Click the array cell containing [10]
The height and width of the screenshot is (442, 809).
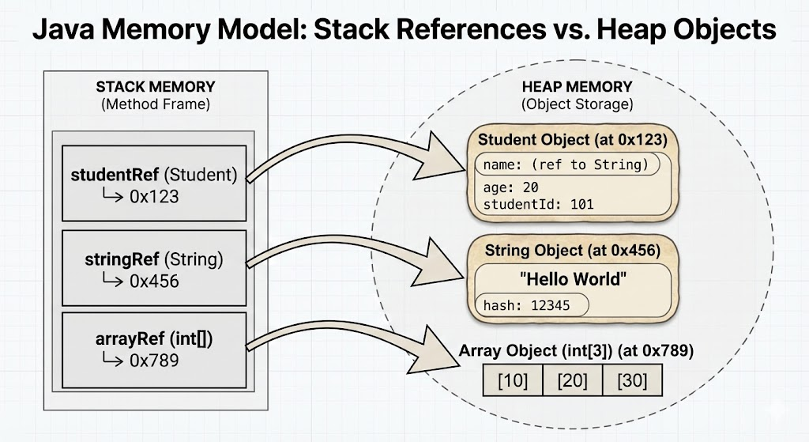pyautogui.click(x=513, y=380)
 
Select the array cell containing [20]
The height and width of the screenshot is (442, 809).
pyautogui.click(x=573, y=380)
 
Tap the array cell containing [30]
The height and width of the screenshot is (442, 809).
pyautogui.click(x=633, y=380)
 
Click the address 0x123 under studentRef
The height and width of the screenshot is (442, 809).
pyautogui.click(x=154, y=197)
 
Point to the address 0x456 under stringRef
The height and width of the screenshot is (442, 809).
pyautogui.click(x=154, y=281)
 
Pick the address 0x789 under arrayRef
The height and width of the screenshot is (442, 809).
pyautogui.click(x=154, y=361)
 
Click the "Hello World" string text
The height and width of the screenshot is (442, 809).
pyautogui.click(x=573, y=279)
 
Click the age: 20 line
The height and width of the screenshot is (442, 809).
pyautogui.click(x=511, y=187)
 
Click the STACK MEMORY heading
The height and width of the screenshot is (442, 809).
pyautogui.click(x=156, y=86)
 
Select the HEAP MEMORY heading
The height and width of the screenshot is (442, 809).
pyautogui.click(x=577, y=86)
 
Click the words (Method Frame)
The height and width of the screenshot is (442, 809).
pyautogui.click(x=156, y=104)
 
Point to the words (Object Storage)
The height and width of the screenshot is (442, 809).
pyautogui.click(x=577, y=104)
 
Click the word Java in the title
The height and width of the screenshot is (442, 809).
pyautogui.click(x=63, y=29)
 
